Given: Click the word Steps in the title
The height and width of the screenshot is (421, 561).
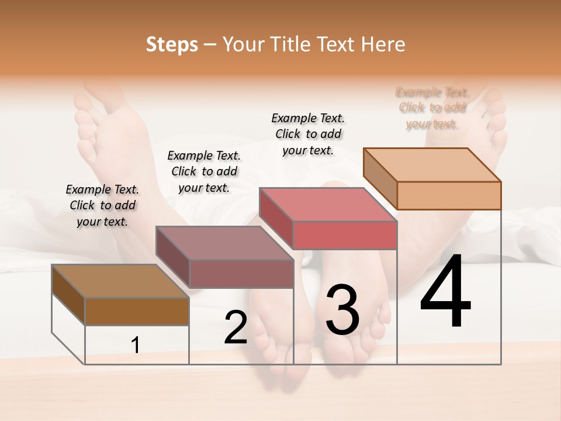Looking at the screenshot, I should click(172, 44).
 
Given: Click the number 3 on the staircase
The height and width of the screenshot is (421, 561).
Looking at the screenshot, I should click(342, 310).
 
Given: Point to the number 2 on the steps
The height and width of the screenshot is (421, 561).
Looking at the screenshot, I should click(236, 327).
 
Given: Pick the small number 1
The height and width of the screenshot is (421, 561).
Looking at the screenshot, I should click(136, 346).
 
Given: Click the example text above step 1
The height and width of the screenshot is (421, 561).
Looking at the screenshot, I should click(102, 205).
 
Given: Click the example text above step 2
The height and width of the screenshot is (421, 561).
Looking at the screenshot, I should click(204, 171).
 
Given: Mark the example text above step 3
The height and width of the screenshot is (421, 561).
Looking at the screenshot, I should click(308, 134).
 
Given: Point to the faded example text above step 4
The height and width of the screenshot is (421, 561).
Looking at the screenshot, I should click(432, 108).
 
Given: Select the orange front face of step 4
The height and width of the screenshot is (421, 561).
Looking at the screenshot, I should click(449, 195).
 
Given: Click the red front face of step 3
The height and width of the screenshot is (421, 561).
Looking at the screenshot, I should click(345, 235).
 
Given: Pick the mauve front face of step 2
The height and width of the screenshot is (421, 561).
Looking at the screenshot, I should click(241, 274).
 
